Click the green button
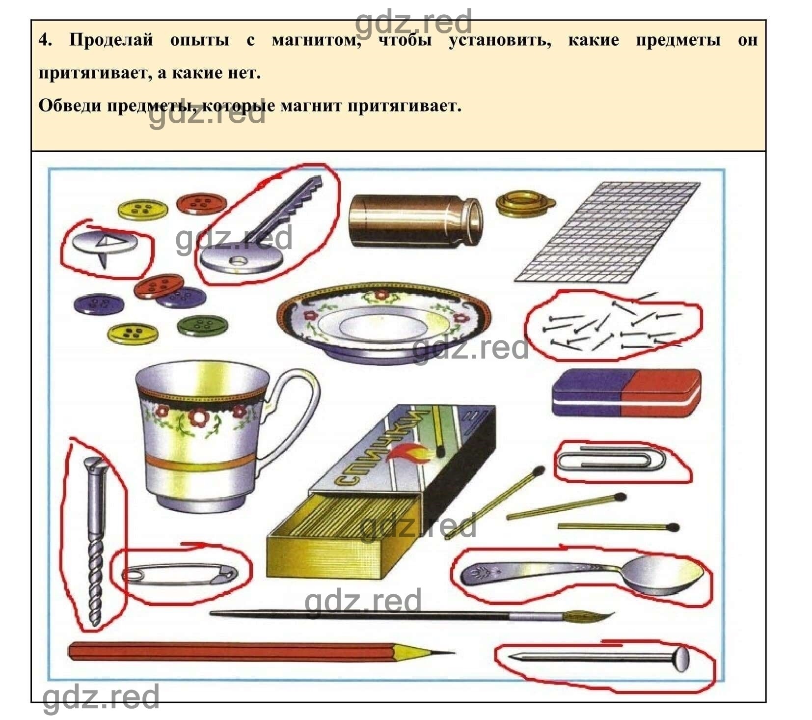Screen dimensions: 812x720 [x=202, y=325]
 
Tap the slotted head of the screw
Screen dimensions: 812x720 [x=93, y=464]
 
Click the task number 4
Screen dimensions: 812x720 [x=45, y=39]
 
